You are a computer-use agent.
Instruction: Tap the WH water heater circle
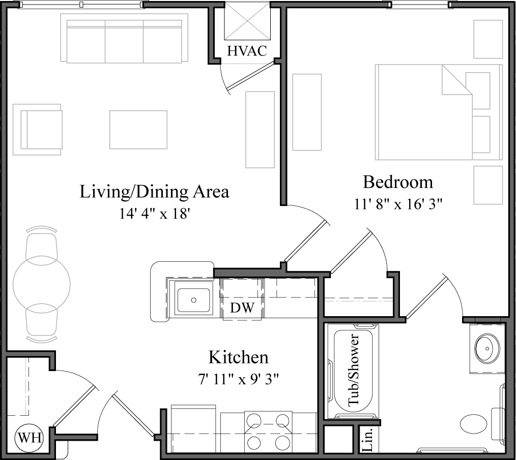pos(29,437)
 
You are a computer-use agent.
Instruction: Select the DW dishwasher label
pos(242,308)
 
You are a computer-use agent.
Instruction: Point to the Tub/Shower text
pos(354,371)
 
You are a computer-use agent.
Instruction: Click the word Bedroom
pos(397,181)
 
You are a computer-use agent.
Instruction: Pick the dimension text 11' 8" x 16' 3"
pos(397,204)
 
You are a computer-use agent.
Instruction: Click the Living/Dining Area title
pos(155,192)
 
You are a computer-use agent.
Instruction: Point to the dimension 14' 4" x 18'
pos(155,213)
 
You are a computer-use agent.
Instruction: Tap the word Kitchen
pos(239,357)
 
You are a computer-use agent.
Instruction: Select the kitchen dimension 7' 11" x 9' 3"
pos(239,379)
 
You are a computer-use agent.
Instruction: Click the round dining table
pos(42,283)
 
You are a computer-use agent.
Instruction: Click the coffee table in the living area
pos(138,130)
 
